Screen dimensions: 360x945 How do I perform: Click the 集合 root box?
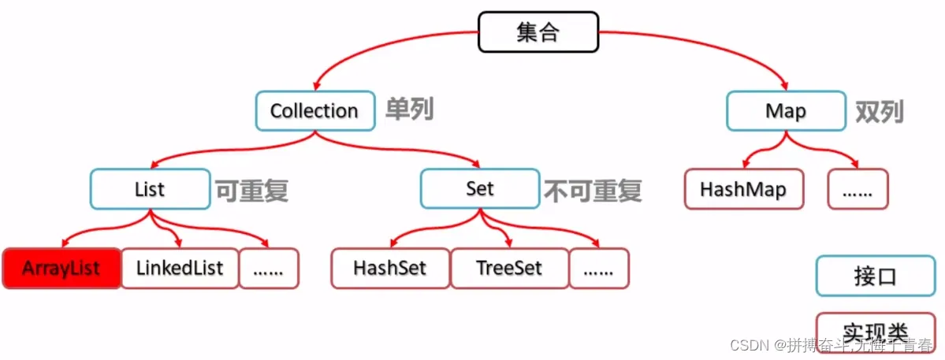(538, 32)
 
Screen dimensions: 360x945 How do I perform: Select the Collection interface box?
(314, 111)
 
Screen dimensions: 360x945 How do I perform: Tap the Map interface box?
(786, 111)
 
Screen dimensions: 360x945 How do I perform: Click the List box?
(150, 189)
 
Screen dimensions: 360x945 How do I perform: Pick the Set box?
(479, 189)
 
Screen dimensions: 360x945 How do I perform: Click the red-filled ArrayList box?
(61, 269)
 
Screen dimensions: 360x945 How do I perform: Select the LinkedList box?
(180, 269)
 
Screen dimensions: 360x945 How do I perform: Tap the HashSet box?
(390, 269)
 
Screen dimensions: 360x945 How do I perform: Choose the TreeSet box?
(509, 269)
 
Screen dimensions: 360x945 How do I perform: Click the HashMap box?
(743, 189)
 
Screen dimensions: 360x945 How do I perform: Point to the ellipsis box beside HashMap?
(858, 189)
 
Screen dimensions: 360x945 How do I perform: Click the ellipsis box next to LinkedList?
(269, 269)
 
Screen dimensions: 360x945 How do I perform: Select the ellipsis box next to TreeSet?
(599, 269)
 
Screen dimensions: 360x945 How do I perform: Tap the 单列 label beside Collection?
(409, 110)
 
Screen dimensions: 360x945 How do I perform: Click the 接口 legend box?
(876, 276)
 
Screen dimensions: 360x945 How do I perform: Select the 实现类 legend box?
(876, 330)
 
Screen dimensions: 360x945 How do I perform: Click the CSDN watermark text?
(831, 345)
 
